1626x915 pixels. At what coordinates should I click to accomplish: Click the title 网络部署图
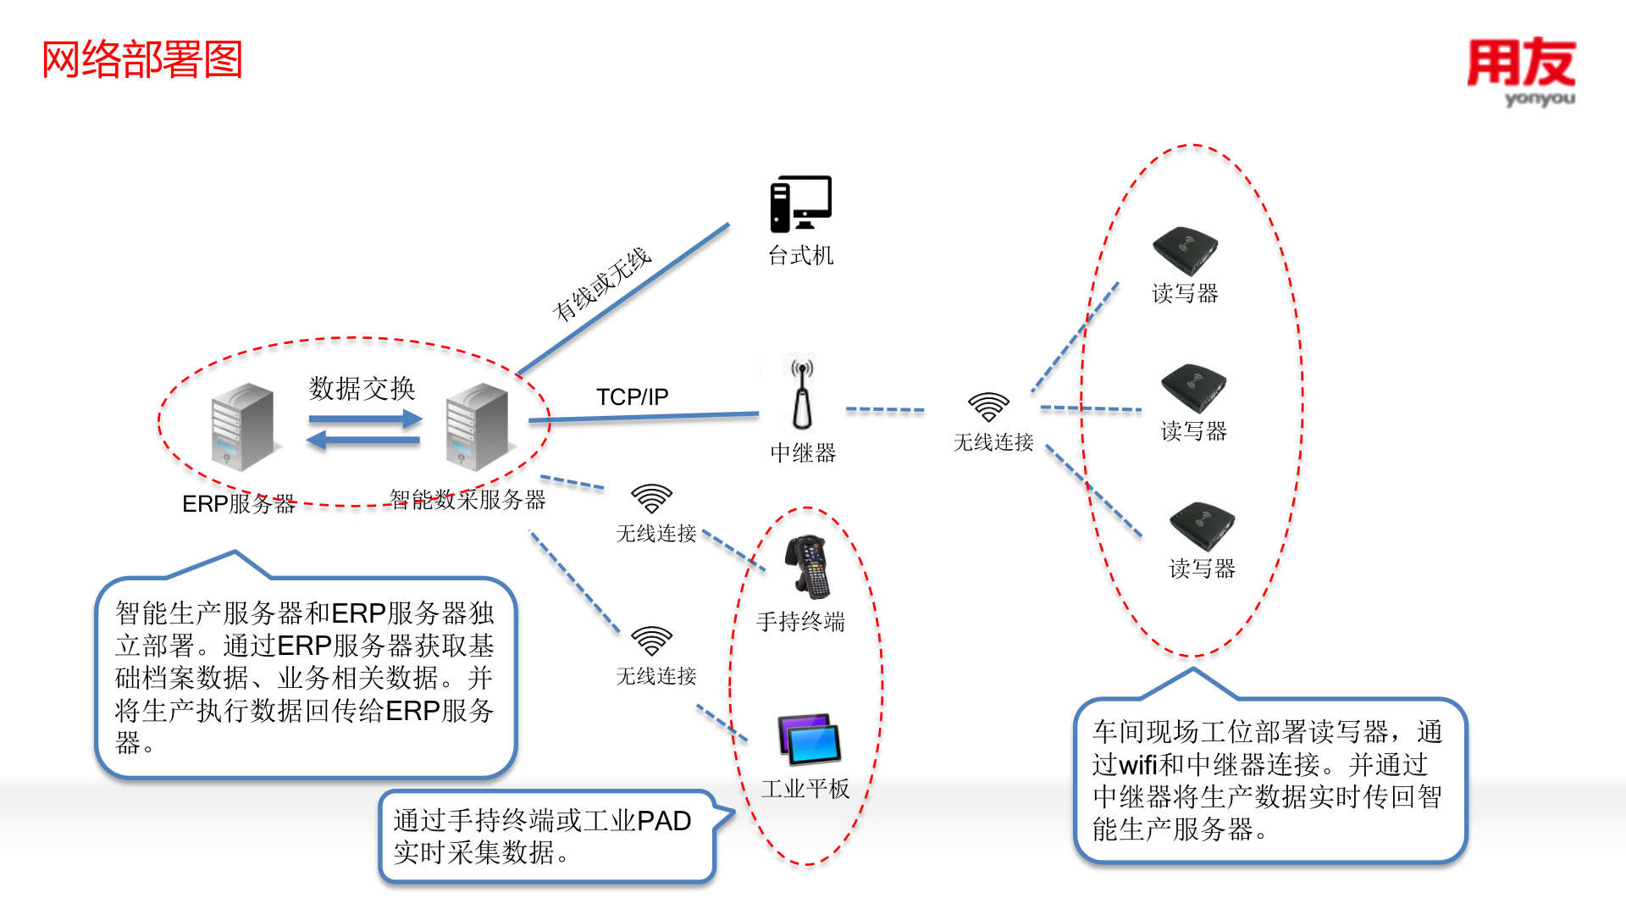pos(142,60)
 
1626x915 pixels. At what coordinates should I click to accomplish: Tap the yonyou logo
pos(1522,71)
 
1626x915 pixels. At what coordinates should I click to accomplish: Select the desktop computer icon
pos(800,204)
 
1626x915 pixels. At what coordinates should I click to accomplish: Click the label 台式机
pos(800,255)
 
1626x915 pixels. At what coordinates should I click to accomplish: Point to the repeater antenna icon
pos(802,395)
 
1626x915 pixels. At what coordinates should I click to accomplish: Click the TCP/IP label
pos(632,396)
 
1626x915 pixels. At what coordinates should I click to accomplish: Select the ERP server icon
pos(242,426)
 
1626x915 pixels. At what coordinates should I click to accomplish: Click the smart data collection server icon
pos(477,426)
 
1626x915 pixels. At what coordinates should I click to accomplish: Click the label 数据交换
pos(362,388)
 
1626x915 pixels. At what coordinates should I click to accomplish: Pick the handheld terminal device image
pos(808,566)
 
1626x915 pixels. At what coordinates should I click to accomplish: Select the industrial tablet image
pos(809,739)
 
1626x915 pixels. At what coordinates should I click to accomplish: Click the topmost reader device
pos(1185,250)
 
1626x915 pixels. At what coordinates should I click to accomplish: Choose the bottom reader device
pos(1202,526)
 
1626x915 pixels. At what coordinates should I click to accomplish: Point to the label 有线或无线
pos(601,285)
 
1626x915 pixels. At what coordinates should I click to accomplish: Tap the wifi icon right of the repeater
pos(988,407)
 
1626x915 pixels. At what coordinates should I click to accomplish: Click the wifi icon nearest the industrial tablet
pos(651,641)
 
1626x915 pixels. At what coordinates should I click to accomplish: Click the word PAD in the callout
pos(664,821)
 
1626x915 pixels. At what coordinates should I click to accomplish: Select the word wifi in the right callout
pos(1137,765)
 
